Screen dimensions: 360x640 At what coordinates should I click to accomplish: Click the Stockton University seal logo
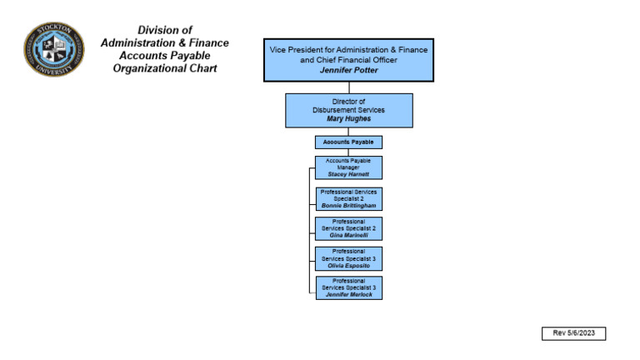click(53, 49)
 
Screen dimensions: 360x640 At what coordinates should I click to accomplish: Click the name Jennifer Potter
click(348, 71)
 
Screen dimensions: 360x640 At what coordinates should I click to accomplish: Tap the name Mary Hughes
click(348, 119)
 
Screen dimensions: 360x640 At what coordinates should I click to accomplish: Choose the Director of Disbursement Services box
click(348, 110)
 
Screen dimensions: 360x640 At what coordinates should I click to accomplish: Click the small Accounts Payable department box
click(348, 142)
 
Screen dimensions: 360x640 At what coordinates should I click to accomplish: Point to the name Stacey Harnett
click(348, 174)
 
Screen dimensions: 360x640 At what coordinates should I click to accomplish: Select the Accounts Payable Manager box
click(348, 167)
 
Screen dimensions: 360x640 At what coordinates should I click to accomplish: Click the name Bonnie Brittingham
click(348, 205)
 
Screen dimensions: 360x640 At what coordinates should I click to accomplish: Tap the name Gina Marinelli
click(348, 235)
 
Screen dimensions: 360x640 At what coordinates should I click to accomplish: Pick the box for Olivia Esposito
click(348, 258)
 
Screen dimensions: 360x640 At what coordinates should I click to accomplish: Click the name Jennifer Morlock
click(348, 294)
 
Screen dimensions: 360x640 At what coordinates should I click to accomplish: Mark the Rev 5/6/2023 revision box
click(573, 333)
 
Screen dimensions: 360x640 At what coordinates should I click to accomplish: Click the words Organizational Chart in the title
click(165, 68)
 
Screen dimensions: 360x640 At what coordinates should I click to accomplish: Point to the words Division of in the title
click(165, 30)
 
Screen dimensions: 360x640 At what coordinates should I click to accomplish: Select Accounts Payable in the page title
click(165, 56)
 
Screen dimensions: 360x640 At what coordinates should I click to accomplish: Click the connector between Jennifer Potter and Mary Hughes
click(348, 87)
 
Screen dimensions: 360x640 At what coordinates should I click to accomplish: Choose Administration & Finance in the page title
click(165, 42)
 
